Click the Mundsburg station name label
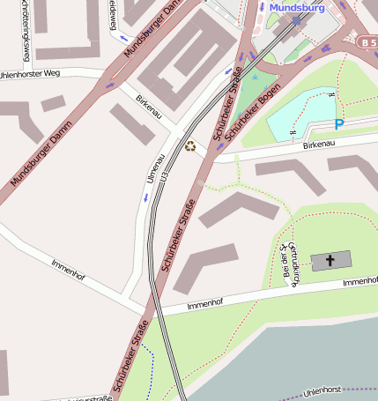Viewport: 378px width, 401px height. [297, 7]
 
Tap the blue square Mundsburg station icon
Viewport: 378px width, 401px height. [297, 19]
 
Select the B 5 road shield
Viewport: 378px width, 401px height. [367, 41]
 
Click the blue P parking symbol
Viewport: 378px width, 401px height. [339, 125]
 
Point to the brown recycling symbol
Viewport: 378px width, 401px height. [189, 145]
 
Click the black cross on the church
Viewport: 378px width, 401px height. [330, 260]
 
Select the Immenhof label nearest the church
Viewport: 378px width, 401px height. [359, 281]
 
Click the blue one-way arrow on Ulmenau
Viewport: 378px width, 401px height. [145, 196]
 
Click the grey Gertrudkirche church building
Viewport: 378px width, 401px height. [330, 261]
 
